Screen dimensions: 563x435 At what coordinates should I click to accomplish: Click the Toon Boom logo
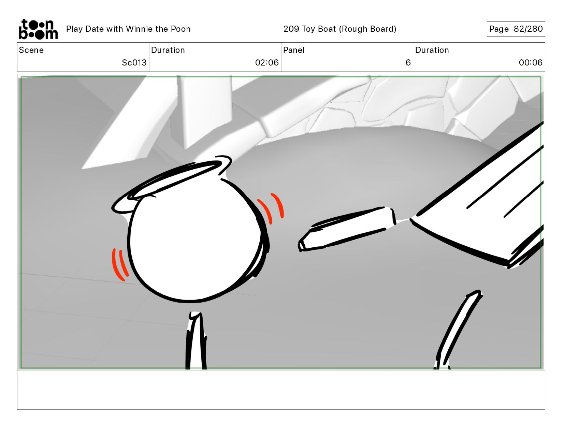(x=38, y=29)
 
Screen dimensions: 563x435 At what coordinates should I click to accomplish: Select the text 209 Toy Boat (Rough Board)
(x=340, y=29)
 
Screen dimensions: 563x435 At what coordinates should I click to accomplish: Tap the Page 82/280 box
(x=516, y=29)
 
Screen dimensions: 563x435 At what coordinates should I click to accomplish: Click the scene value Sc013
(x=134, y=62)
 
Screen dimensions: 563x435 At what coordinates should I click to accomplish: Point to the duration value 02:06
(x=267, y=62)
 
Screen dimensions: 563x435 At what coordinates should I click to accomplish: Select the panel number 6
(x=408, y=62)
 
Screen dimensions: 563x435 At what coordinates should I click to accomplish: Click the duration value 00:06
(x=531, y=62)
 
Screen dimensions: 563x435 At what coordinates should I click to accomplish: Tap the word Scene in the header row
(x=31, y=50)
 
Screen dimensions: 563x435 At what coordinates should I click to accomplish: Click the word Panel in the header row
(x=294, y=50)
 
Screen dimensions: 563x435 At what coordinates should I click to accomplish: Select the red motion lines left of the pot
(x=120, y=264)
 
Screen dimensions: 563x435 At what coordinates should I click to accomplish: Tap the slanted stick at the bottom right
(x=458, y=329)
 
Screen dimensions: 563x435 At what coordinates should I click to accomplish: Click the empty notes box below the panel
(x=281, y=391)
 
